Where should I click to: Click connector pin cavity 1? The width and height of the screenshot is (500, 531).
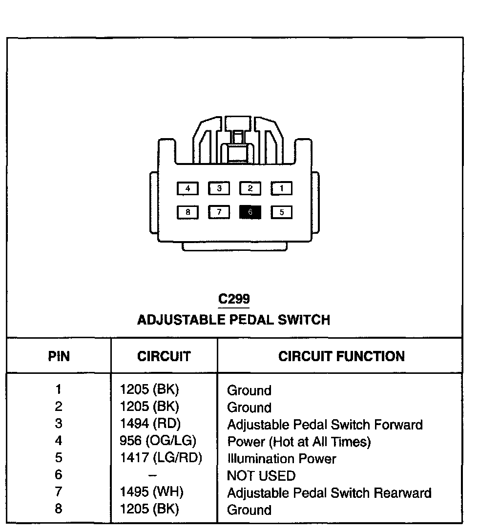click(282, 188)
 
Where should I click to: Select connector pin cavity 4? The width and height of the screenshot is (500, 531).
click(187, 188)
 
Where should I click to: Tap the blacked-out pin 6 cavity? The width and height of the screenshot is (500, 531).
click(250, 212)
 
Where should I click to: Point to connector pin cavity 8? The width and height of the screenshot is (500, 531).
click(187, 212)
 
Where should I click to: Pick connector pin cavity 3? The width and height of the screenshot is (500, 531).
click(219, 188)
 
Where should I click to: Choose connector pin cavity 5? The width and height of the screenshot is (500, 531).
click(282, 212)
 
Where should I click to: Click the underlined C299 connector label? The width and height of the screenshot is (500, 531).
click(234, 299)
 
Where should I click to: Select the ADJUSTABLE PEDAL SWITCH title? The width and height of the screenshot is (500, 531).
click(233, 320)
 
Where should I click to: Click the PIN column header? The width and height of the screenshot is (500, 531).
click(59, 356)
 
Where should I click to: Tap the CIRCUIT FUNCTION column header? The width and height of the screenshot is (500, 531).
click(341, 356)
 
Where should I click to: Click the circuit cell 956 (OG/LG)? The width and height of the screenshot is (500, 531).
click(158, 441)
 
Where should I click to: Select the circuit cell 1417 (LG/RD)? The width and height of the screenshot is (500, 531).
click(161, 458)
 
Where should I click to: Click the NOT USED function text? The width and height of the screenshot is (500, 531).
click(261, 475)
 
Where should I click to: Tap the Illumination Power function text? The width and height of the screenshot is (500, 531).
click(282, 459)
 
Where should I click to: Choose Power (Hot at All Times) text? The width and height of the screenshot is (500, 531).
click(299, 442)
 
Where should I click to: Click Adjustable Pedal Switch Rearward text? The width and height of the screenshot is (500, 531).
click(329, 493)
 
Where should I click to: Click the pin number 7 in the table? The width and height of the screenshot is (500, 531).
click(59, 492)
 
